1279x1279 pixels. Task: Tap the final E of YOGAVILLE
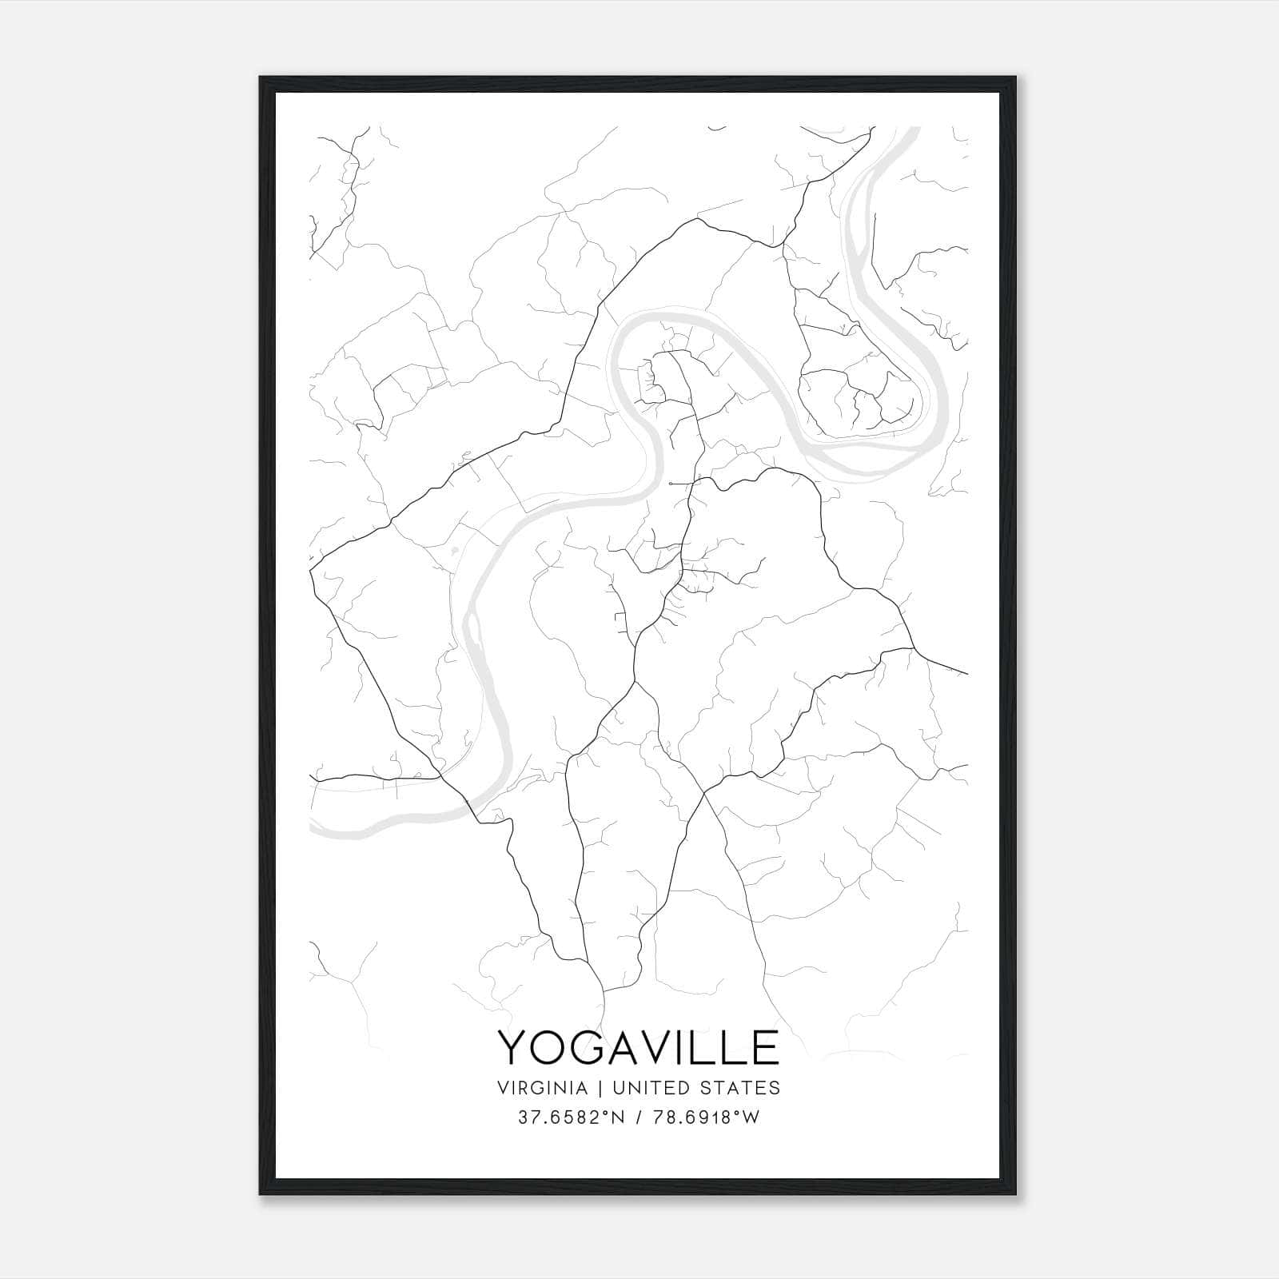pyautogui.click(x=766, y=1048)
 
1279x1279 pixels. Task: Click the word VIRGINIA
pyautogui.click(x=542, y=1088)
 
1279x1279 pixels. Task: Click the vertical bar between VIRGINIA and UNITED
pyautogui.click(x=598, y=1088)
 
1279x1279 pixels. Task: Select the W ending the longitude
pyautogui.click(x=751, y=1118)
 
